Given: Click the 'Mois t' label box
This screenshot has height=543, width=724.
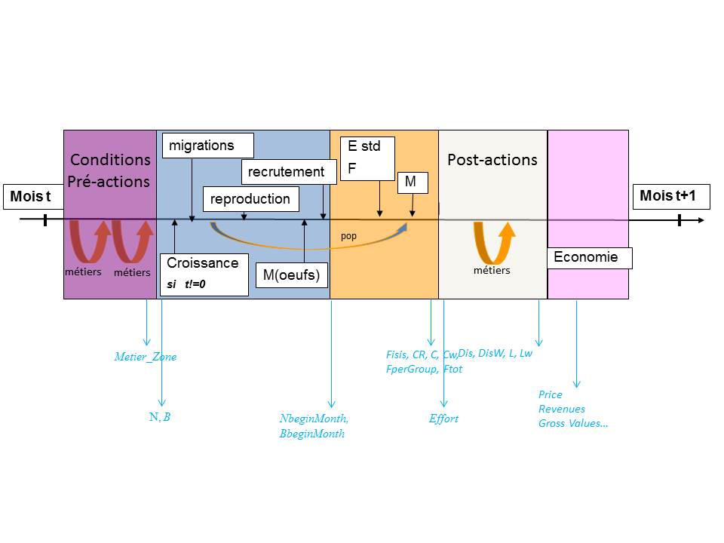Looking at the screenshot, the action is pos(33,197).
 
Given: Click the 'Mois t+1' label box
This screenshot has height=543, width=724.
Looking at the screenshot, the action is pos(671,196).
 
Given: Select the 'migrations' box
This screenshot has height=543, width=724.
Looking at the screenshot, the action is pos(208,146).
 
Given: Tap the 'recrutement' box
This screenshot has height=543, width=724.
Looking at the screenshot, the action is pos(289,172).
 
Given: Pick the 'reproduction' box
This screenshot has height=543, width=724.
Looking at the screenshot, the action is pos(250,199).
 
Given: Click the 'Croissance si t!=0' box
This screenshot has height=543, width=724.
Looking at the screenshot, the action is pos(204,275).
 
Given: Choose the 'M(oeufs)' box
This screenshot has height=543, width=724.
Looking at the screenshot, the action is pos(291,275).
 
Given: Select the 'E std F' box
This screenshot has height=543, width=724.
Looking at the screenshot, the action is pos(367,158).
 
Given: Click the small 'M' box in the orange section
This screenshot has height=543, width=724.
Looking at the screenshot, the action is pos(413,183).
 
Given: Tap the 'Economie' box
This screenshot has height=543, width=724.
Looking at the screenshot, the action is pos(590,258).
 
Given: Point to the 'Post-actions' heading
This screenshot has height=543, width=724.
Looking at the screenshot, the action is pos(492,160).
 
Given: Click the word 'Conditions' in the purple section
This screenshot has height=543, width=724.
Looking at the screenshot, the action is pos(110,160).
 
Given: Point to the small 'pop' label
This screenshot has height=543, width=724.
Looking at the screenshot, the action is pos(348,236).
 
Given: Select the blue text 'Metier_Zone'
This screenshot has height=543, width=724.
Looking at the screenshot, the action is pos(146,357).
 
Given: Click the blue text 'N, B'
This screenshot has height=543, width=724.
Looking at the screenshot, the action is pos(160,417).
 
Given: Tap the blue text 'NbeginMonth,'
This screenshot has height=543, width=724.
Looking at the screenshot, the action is pos(314,419).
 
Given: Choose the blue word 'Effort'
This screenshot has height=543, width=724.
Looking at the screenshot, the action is pos(443,419).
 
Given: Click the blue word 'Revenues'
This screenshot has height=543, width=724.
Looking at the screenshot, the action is pos(561,409).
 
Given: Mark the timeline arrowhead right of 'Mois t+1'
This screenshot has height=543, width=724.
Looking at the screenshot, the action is pos(701,220).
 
